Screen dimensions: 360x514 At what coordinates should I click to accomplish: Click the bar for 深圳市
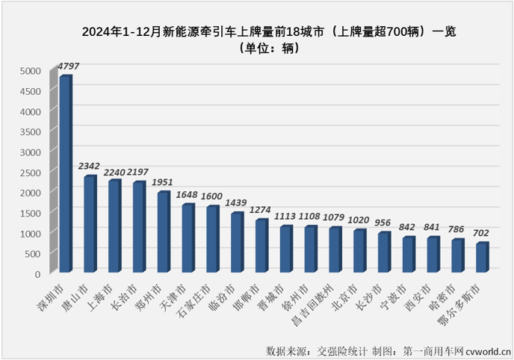66,175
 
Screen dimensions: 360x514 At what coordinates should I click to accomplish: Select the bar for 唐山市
90,225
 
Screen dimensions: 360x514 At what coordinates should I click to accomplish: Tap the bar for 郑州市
164,232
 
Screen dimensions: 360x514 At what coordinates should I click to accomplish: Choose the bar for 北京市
360,252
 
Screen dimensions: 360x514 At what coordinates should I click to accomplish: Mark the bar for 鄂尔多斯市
482,258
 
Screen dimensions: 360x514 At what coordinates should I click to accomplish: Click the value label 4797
66,67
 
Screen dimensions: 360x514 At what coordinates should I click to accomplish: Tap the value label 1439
238,203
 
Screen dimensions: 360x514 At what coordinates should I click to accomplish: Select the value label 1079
336,217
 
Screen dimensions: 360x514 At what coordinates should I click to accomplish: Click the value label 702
483,233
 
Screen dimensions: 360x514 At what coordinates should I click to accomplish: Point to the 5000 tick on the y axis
29,71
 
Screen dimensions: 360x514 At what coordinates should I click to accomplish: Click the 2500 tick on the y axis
29,173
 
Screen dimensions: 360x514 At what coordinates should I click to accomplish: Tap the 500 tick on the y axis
32,254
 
